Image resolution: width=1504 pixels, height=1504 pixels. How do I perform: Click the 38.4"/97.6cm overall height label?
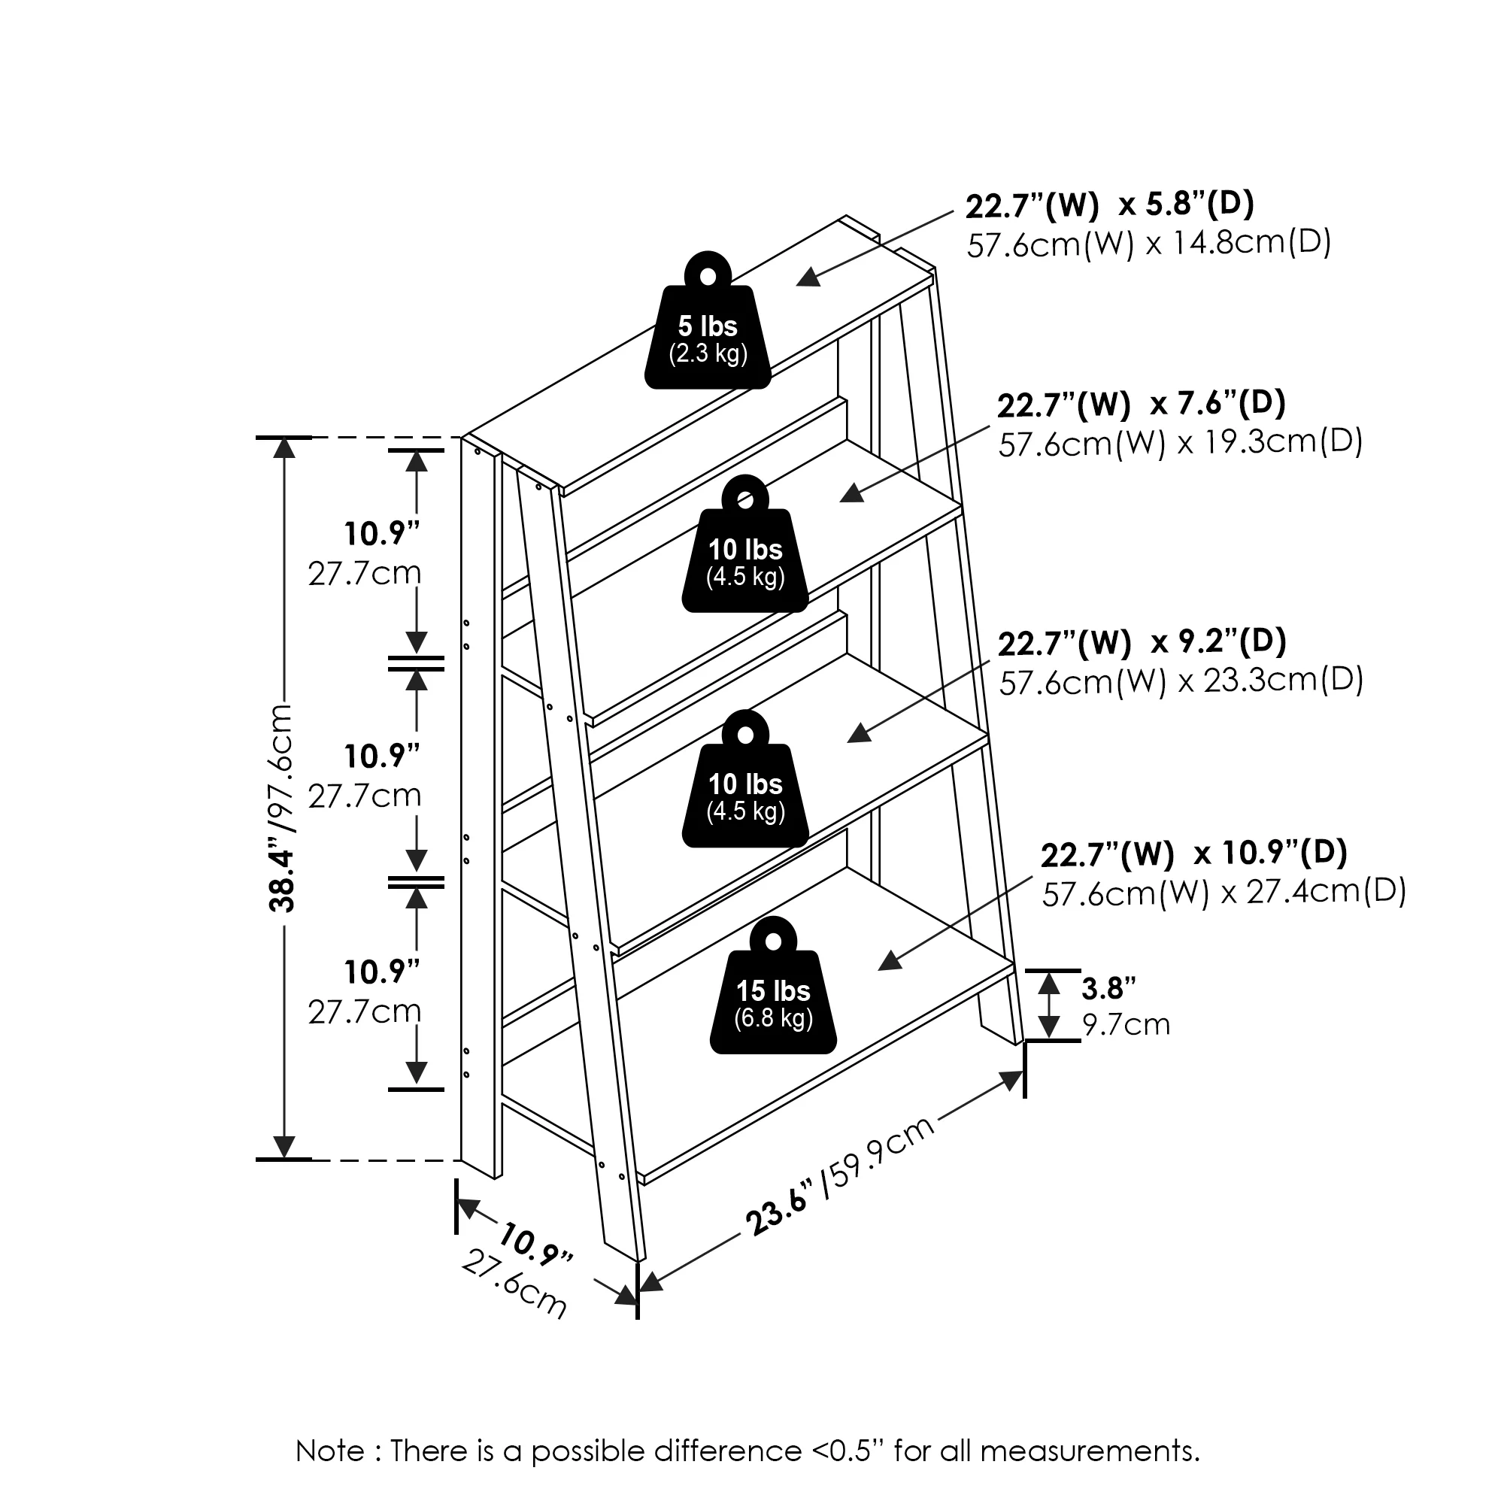(x=280, y=807)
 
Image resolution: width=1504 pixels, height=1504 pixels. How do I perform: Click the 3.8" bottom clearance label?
(x=1108, y=988)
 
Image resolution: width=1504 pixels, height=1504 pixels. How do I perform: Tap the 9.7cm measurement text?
(x=1126, y=1024)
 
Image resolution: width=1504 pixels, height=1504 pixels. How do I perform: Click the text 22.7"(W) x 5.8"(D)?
(x=1109, y=205)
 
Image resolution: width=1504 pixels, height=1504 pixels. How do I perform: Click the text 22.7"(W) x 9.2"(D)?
(x=1142, y=642)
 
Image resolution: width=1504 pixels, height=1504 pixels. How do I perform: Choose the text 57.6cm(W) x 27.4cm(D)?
(x=1224, y=892)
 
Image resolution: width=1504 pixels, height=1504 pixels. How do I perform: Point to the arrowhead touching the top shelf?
(x=809, y=277)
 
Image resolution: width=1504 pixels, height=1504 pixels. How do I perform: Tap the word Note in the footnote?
(x=330, y=1451)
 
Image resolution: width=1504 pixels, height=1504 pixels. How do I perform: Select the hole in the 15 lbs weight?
(x=773, y=942)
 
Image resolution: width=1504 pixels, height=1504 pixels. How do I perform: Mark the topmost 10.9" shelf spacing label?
(x=381, y=534)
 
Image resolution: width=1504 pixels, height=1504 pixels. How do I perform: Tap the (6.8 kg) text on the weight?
(x=773, y=1018)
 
